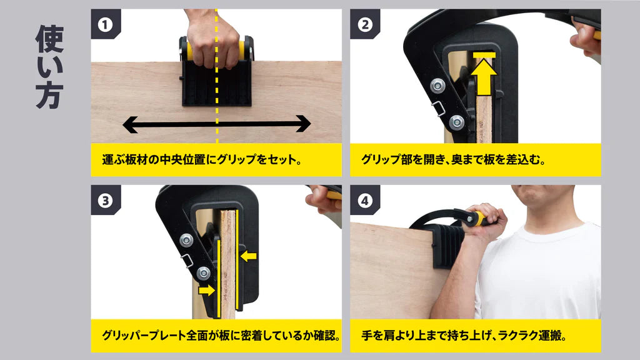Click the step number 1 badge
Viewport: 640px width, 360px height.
point(105,24)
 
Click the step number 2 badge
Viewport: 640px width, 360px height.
point(364,24)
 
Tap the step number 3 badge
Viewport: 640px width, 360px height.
point(105,201)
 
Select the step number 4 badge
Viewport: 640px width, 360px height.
point(364,201)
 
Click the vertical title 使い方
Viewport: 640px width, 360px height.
point(50,67)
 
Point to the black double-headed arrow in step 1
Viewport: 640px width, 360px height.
point(217,124)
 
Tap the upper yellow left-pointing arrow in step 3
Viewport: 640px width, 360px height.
point(248,256)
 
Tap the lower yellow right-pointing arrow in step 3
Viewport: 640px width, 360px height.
point(206,290)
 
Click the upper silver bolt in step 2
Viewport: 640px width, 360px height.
point(437,86)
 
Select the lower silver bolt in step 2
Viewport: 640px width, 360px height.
point(456,122)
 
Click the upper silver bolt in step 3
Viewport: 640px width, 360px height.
point(186,240)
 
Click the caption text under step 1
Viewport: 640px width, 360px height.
point(202,159)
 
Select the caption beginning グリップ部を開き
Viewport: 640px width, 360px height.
point(454,159)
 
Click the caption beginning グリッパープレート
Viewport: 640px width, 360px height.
point(221,336)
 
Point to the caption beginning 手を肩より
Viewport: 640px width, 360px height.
point(464,336)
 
